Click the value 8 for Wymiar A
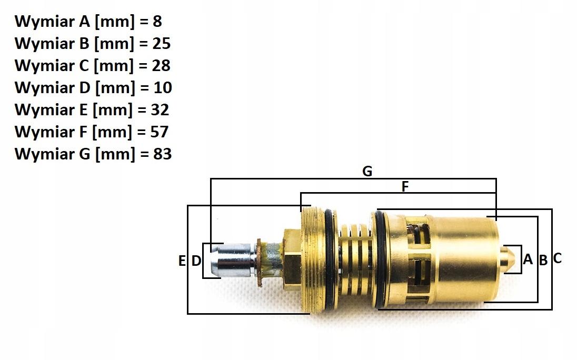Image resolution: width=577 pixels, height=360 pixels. (x=157, y=22)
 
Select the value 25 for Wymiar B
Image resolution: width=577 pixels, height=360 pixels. (x=161, y=43)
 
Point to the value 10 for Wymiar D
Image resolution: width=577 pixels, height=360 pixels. (x=163, y=87)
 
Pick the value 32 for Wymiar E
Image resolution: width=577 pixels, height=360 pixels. (x=160, y=109)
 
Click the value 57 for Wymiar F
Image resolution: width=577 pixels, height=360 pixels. (x=159, y=132)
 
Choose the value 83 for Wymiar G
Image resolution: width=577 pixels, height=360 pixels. (x=162, y=154)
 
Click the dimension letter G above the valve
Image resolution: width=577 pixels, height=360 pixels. (x=367, y=172)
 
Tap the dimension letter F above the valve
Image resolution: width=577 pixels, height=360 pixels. (x=405, y=187)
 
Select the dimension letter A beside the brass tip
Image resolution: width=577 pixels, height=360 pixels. (x=528, y=259)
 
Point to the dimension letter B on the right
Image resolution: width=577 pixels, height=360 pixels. (x=543, y=261)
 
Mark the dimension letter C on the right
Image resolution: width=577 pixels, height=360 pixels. (x=557, y=258)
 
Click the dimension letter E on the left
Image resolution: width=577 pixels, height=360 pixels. (x=182, y=261)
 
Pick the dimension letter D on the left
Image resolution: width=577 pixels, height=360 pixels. (x=196, y=261)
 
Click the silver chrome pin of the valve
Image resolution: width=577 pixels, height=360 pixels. (x=233, y=260)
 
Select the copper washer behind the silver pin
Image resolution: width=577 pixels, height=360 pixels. (x=259, y=262)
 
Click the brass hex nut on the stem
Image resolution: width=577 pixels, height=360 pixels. (x=293, y=258)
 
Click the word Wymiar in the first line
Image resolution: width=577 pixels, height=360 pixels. (x=44, y=22)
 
